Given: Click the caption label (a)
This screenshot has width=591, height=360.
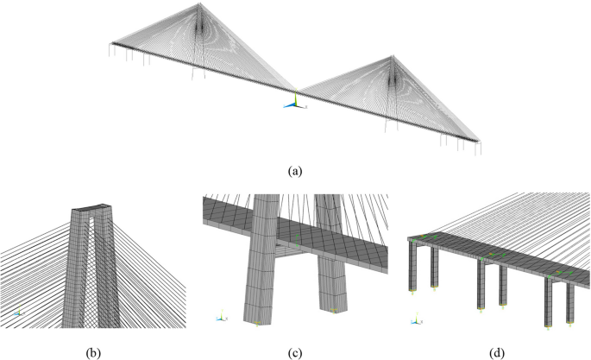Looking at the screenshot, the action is (296, 171).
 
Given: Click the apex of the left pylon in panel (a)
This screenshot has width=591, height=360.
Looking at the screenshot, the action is (201, 6).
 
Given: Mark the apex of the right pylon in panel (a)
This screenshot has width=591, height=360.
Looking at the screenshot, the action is (393, 56).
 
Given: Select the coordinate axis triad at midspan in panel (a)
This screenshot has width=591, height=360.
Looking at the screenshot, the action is (294, 101).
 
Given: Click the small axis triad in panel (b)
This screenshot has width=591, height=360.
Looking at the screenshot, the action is (19, 313).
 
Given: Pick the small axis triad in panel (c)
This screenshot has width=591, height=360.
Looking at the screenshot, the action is (223, 316).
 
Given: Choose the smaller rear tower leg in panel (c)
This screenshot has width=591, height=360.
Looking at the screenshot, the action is (332, 259).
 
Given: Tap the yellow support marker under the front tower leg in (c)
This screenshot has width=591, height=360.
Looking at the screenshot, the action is (258, 323).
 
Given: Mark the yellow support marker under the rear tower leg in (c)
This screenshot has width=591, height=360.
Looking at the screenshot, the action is (334, 308).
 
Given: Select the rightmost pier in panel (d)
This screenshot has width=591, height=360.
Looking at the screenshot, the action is (569, 302).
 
